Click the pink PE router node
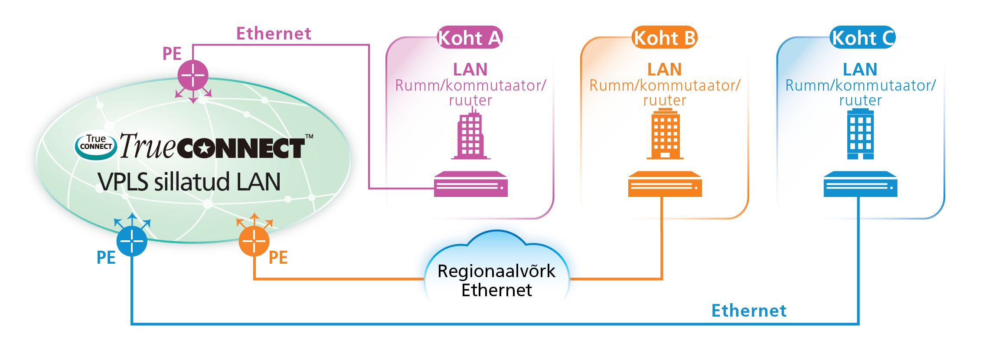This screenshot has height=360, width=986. (x=193, y=75)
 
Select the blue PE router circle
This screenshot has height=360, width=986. (x=132, y=241)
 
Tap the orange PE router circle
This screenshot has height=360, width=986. (x=254, y=241)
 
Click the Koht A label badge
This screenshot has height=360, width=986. (x=470, y=38)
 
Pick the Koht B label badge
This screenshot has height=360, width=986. (x=664, y=38)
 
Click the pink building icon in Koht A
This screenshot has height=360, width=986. (x=471, y=136)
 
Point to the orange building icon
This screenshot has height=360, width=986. (x=665, y=134)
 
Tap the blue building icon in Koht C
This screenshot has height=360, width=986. (x=861, y=134)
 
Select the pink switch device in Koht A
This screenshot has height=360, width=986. (x=471, y=184)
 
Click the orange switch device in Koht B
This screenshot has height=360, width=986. (x=665, y=184)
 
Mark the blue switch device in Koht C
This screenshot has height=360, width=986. (x=860, y=184)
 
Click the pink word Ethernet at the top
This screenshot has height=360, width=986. (x=274, y=34)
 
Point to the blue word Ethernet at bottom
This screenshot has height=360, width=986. (x=749, y=311)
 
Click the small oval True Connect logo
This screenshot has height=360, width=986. (x=96, y=145)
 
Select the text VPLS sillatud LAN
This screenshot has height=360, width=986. (x=189, y=182)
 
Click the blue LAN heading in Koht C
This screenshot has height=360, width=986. (x=860, y=69)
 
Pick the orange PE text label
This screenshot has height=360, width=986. (x=278, y=258)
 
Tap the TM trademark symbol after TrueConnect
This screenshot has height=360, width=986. (x=309, y=137)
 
